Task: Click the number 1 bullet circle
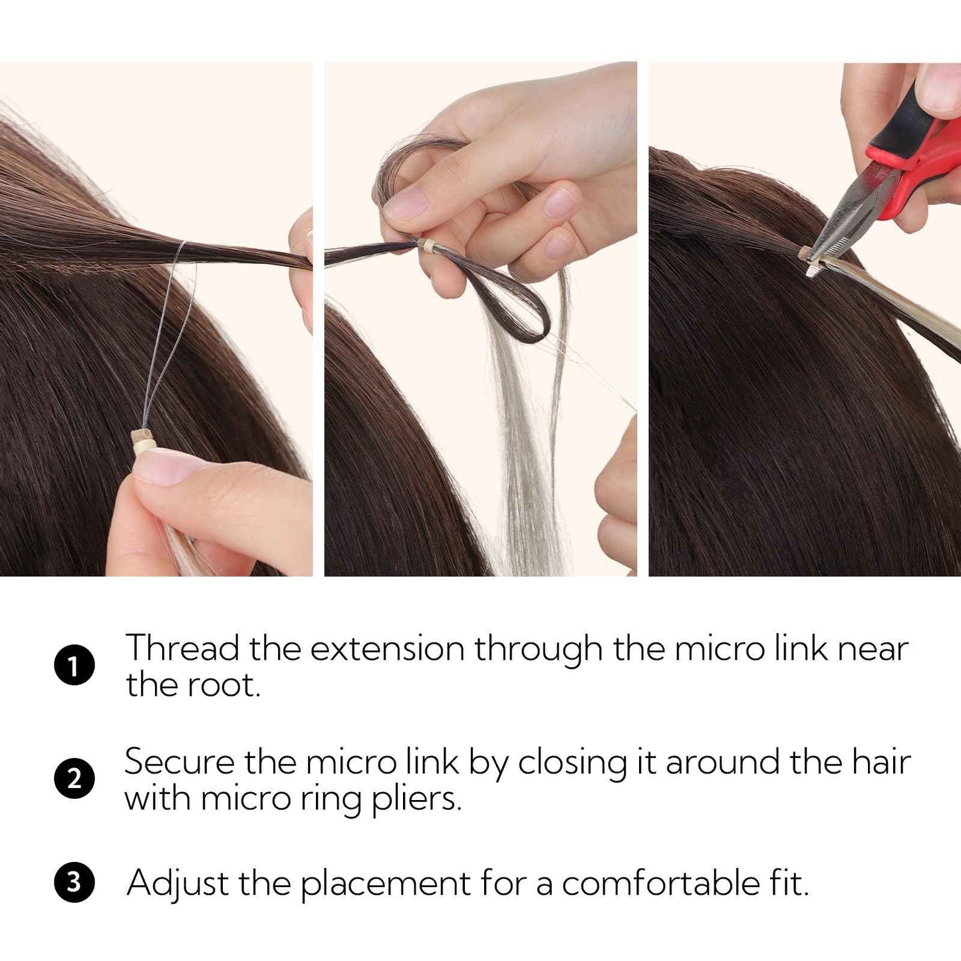tap(74, 665)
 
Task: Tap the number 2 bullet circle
tap(74, 779)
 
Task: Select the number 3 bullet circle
tap(74, 883)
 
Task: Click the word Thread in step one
tap(182, 648)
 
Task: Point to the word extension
tap(387, 648)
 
